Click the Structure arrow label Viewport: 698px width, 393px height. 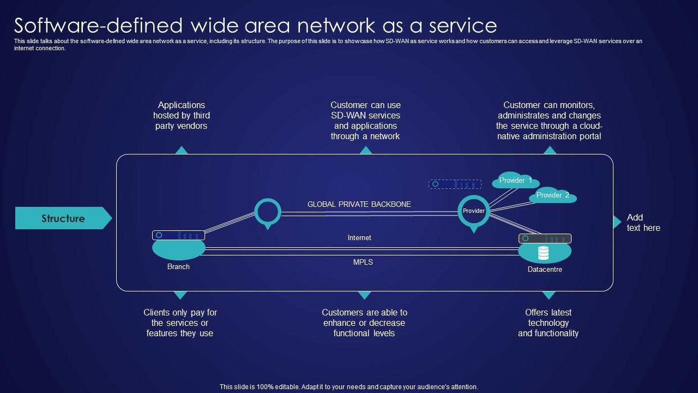click(x=63, y=218)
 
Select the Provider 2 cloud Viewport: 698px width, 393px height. click(x=552, y=195)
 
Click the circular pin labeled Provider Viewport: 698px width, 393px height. click(x=473, y=211)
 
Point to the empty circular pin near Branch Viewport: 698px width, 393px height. click(x=268, y=212)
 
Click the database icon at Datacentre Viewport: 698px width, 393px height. click(x=543, y=253)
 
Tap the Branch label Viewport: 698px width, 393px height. click(x=178, y=267)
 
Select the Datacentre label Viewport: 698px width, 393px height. click(x=544, y=270)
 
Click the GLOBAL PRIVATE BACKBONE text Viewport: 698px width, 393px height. click(x=359, y=204)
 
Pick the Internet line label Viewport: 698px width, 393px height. click(x=359, y=238)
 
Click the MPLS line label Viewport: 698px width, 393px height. click(x=363, y=263)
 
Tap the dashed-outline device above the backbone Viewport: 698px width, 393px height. click(x=455, y=184)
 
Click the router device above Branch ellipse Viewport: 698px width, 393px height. click(x=178, y=235)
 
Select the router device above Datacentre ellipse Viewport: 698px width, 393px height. click(x=544, y=239)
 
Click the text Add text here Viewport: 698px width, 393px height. click(x=643, y=223)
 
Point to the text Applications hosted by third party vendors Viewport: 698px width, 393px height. click(x=181, y=115)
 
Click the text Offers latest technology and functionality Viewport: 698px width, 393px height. click(x=548, y=323)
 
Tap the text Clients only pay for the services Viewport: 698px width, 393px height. click(x=180, y=323)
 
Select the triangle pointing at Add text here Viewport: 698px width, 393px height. click(x=617, y=222)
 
